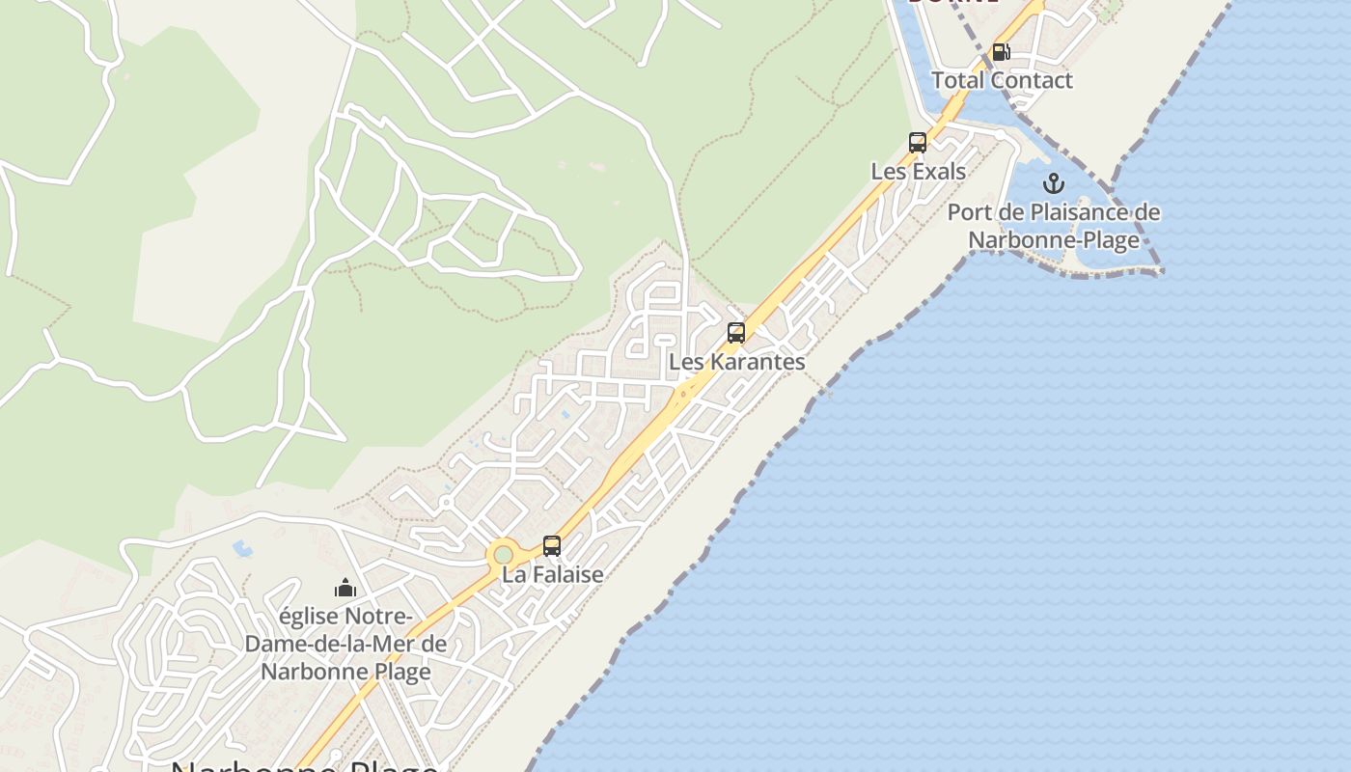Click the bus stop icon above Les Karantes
736,333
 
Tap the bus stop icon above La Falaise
552,545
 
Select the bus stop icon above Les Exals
918,143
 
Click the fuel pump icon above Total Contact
1001,52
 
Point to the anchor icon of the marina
1054,182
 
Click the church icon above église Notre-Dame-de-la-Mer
345,587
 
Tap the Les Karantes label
736,362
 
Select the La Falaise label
552,574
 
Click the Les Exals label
918,172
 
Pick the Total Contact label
1001,80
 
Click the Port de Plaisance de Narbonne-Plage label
1054,226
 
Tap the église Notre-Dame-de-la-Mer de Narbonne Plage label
345,644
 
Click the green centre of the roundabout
503,555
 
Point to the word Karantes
758,362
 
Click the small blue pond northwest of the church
241,549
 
